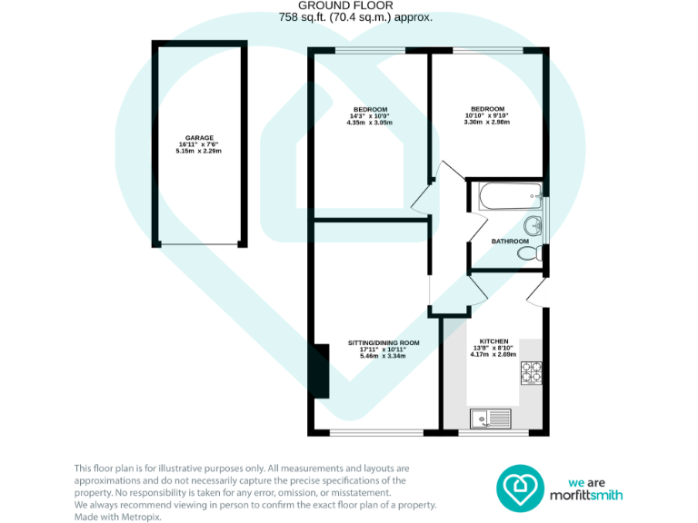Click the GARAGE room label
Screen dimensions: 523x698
pyautogui.click(x=199, y=137)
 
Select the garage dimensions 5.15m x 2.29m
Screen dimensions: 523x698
pyautogui.click(x=199, y=151)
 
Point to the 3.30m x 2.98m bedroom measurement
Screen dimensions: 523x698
pyautogui.click(x=486, y=123)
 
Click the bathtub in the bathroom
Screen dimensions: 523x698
pyautogui.click(x=504, y=194)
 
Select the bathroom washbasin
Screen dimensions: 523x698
pyautogui.click(x=533, y=225)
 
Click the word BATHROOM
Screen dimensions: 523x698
pyautogui.click(x=509, y=241)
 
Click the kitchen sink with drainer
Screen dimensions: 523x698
pyautogui.click(x=491, y=418)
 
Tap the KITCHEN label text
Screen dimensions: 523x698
pyautogui.click(x=494, y=340)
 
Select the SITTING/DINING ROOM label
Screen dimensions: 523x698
pyautogui.click(x=384, y=342)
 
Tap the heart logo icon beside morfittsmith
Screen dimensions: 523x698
pyautogui.click(x=519, y=487)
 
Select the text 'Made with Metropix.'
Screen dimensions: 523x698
pyautogui.click(x=117, y=515)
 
